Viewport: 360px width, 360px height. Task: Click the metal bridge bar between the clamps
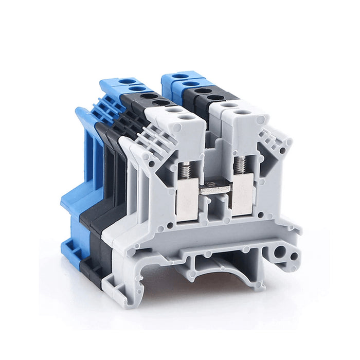(214, 189)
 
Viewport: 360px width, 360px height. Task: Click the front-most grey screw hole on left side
(189, 117)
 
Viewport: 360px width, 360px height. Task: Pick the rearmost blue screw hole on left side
(126, 81)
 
